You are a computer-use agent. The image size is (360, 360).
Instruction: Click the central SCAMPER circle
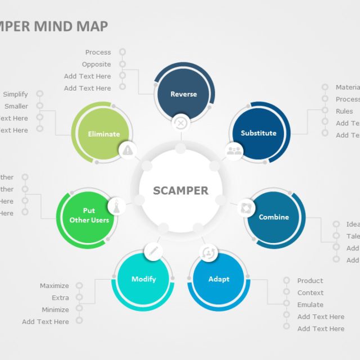pos(180,191)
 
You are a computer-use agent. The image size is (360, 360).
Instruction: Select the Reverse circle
pos(183,94)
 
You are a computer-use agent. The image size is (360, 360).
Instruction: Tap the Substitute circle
pos(258,133)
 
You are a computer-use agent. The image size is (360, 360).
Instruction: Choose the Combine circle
pos(274,217)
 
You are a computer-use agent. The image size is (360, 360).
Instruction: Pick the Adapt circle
pos(219,279)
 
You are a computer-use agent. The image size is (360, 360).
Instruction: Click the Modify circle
pos(143,279)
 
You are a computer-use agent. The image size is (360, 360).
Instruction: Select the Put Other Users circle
pos(89,215)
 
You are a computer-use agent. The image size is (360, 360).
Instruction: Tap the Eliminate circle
pos(104,134)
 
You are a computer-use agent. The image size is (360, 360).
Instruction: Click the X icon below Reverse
pos(181,123)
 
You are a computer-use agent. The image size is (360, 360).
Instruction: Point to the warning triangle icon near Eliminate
pos(128,150)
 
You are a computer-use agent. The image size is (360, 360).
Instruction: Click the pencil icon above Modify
pos(153,251)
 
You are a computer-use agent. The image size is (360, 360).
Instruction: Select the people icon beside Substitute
pos(234,150)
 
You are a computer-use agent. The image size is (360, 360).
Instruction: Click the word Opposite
pos(96,65)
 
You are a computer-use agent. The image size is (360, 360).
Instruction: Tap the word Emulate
pos(310,305)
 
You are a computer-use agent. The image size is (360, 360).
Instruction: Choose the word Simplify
pos(15,94)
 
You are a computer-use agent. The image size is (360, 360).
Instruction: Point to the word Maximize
pos(55,286)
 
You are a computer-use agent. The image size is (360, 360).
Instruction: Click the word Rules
pos(344,111)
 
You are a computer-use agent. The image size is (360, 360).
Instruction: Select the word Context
pos(310,292)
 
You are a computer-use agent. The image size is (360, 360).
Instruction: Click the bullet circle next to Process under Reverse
pos(122,52)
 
